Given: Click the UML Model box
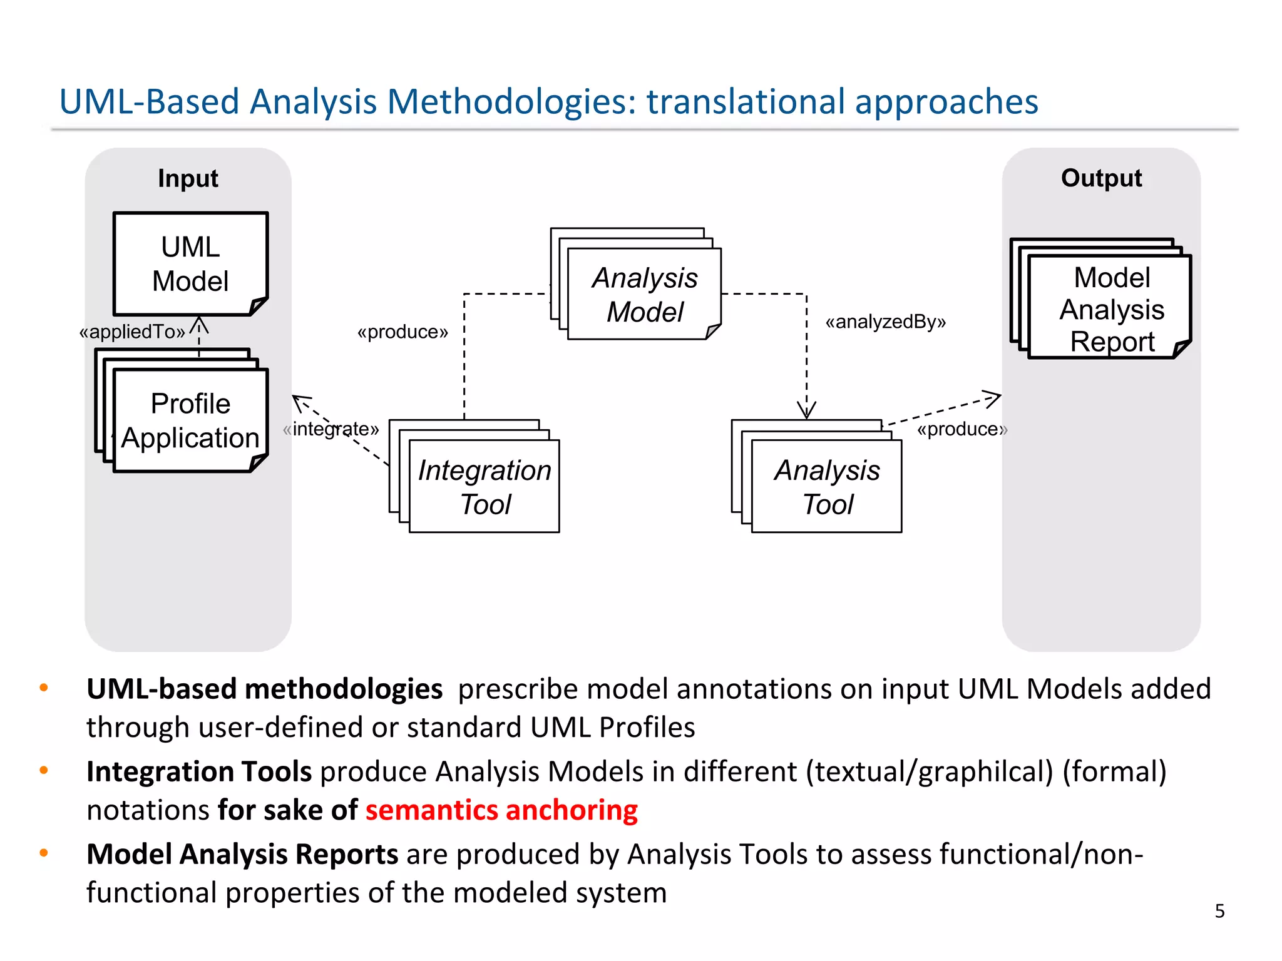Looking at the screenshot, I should (190, 263).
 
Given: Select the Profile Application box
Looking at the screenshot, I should (190, 420).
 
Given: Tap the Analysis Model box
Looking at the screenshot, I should (644, 294).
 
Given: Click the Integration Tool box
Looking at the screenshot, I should (484, 486).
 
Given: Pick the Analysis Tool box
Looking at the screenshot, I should (826, 486).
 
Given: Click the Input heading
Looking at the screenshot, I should (188, 178).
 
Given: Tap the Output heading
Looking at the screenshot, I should (1101, 178).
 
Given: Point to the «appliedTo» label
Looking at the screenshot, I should (132, 332).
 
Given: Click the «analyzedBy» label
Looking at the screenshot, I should (885, 322).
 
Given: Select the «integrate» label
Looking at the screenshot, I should (331, 429).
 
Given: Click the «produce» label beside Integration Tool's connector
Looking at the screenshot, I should (403, 332).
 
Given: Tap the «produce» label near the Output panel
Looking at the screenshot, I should (961, 429).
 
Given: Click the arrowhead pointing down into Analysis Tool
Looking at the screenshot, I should (806, 411).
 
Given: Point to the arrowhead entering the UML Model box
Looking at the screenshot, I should (199, 324).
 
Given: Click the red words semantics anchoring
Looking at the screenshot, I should (501, 810).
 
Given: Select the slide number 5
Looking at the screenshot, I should (1219, 911).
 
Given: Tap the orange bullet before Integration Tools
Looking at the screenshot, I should (44, 770).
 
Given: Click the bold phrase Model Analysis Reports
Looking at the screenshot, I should (242, 854).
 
